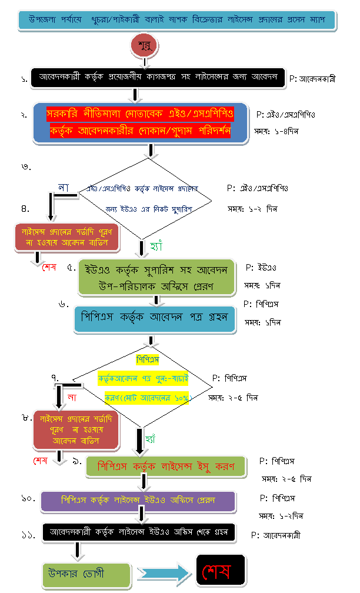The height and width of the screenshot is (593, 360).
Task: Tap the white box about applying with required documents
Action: coord(158,77)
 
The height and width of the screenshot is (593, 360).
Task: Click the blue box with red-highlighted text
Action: coord(140,123)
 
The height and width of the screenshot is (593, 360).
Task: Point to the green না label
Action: coord(63,186)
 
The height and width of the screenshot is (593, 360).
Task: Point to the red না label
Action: coord(72,397)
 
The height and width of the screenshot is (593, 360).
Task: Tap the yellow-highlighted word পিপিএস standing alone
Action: coord(148,359)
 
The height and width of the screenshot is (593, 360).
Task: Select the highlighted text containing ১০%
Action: coord(148,398)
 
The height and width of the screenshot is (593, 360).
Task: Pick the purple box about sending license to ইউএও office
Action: coord(138,501)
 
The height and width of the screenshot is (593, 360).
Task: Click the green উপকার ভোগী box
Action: coord(86,573)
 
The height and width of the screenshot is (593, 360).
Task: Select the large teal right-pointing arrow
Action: coord(163,572)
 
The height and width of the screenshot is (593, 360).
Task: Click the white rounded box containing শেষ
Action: coord(220,570)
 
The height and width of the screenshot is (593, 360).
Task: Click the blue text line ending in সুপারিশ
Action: coord(149,209)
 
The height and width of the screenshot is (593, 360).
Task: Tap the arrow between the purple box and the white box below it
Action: coord(141,515)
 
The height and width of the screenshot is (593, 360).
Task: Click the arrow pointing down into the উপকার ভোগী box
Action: coord(76,551)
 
